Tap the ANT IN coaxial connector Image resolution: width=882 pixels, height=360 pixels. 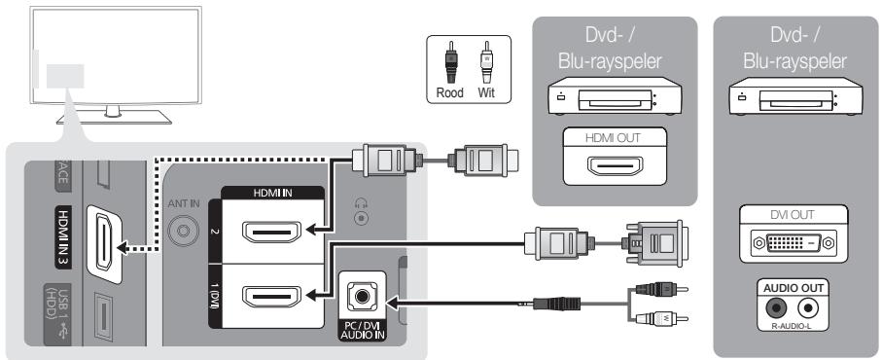pyautogui.click(x=180, y=234)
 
